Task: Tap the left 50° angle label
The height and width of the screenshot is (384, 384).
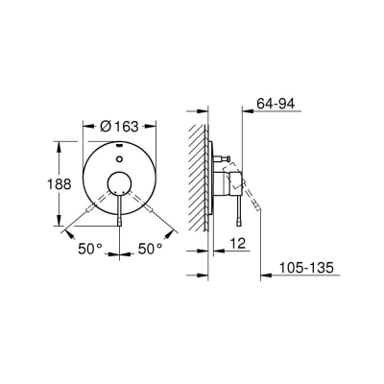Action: click(90, 249)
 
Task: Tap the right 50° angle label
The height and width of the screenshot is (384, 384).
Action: click(149, 249)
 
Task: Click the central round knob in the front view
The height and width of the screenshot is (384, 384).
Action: click(119, 185)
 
